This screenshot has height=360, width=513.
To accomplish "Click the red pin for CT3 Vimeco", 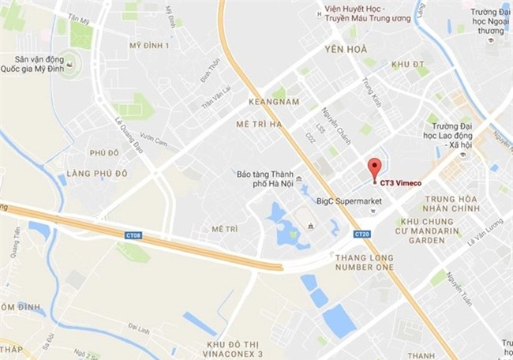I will pyautogui.click(x=375, y=167).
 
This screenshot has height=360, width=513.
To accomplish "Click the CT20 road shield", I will pyautogui.click(x=362, y=234).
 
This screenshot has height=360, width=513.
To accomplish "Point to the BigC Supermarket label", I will pyautogui.click(x=348, y=202).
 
